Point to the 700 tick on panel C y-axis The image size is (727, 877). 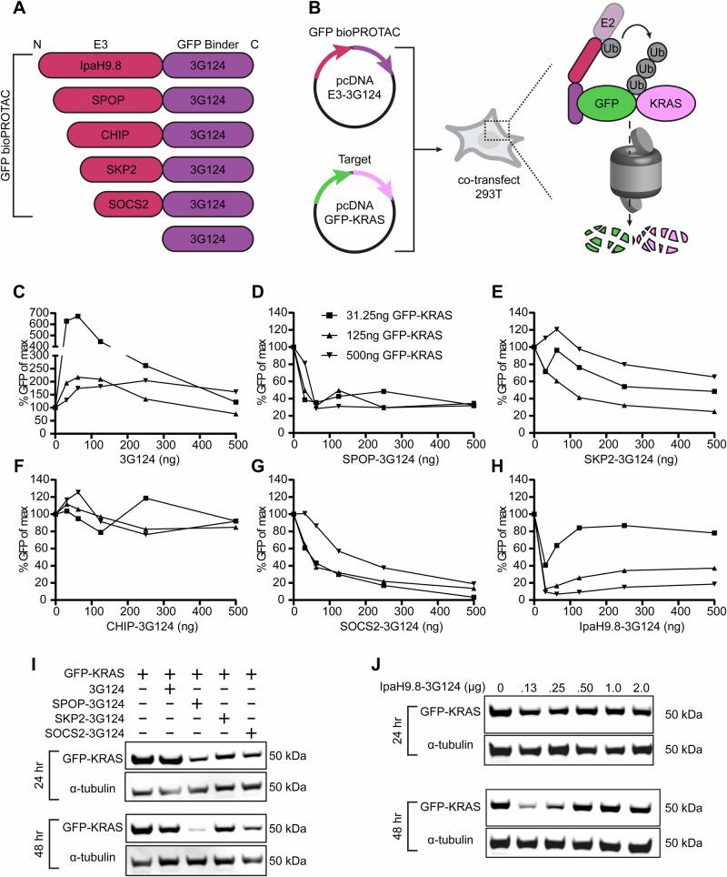[42, 315]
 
